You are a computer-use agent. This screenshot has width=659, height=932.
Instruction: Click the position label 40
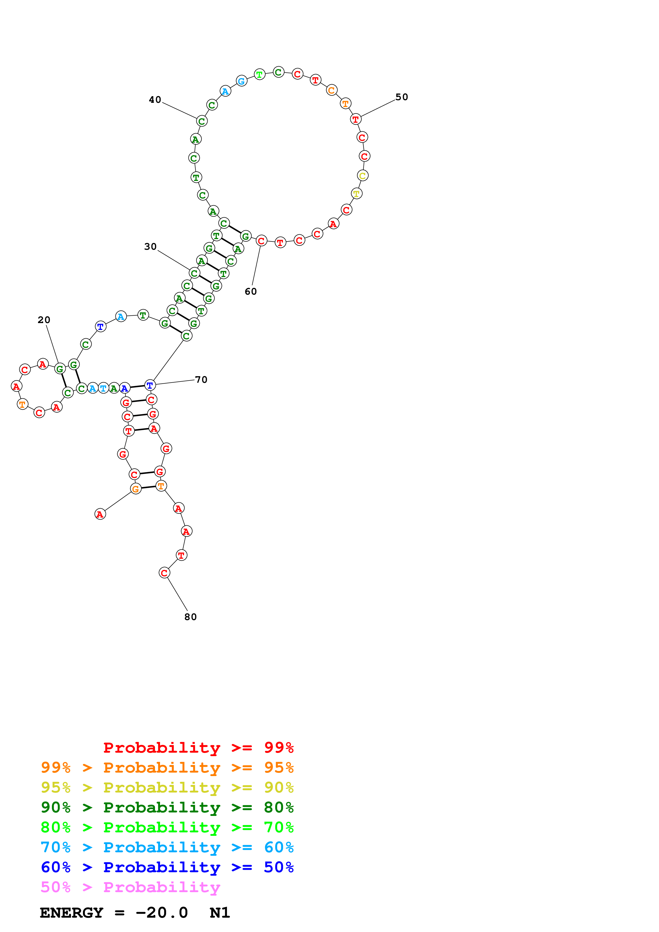pos(155,100)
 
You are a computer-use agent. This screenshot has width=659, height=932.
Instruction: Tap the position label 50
pos(402,97)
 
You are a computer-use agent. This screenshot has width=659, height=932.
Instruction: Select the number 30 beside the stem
pos(150,247)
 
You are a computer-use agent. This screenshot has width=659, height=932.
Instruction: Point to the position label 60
pos(250,291)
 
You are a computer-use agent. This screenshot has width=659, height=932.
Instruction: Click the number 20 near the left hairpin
pos(44,320)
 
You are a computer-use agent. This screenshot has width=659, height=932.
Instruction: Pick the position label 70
pos(201,380)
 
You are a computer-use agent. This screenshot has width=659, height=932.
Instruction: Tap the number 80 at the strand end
pos(190,617)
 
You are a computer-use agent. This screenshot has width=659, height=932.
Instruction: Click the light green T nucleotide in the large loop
pos(259,75)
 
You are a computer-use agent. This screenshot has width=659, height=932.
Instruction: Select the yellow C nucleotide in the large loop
pos(363,176)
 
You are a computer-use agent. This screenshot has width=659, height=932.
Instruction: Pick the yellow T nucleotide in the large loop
pos(356,194)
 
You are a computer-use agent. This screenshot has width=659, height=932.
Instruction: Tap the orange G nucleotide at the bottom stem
pos(136,489)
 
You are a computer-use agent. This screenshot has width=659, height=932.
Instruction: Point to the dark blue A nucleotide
pos(125,388)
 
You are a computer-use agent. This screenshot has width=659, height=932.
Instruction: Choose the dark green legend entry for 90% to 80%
pos(167,807)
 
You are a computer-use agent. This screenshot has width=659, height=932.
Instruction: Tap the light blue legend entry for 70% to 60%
pos(167,847)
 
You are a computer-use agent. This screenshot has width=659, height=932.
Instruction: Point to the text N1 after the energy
pos(220,913)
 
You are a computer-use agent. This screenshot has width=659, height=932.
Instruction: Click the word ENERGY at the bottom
pos(72,913)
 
